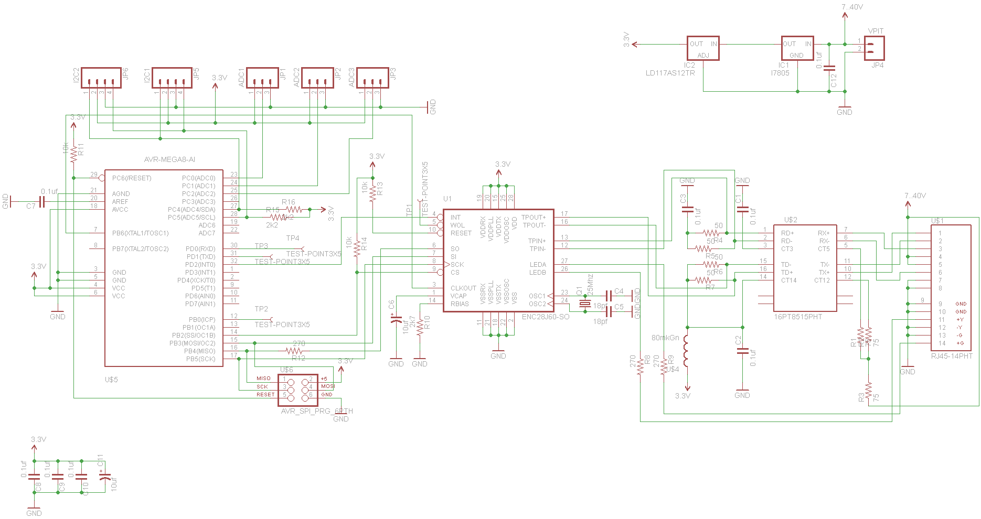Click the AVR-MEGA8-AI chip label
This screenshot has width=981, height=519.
point(169,159)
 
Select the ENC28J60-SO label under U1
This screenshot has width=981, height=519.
point(546,317)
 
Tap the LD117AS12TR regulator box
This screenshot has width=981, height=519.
point(703,49)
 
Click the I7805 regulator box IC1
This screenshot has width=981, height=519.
point(797,49)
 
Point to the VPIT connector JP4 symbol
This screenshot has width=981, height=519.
point(874,48)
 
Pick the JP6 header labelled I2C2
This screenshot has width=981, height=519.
point(101,78)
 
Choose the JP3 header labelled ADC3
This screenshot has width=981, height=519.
point(372,78)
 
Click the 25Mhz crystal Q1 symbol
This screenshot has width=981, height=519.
point(584,304)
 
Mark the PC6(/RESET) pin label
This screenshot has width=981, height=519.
point(132,178)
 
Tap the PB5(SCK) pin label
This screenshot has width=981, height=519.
point(200,359)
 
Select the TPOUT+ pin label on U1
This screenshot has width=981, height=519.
point(534,218)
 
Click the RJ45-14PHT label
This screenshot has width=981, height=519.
point(952,356)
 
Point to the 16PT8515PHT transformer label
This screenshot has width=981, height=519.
point(798,317)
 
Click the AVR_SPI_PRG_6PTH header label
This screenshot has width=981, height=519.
point(317,412)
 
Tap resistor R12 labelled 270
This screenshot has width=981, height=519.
point(294,351)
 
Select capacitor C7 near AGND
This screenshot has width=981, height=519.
point(42,202)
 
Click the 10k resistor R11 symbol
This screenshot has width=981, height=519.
point(73,154)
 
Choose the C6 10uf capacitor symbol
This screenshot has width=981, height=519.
point(396,319)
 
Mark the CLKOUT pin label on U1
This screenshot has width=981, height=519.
point(463,288)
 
